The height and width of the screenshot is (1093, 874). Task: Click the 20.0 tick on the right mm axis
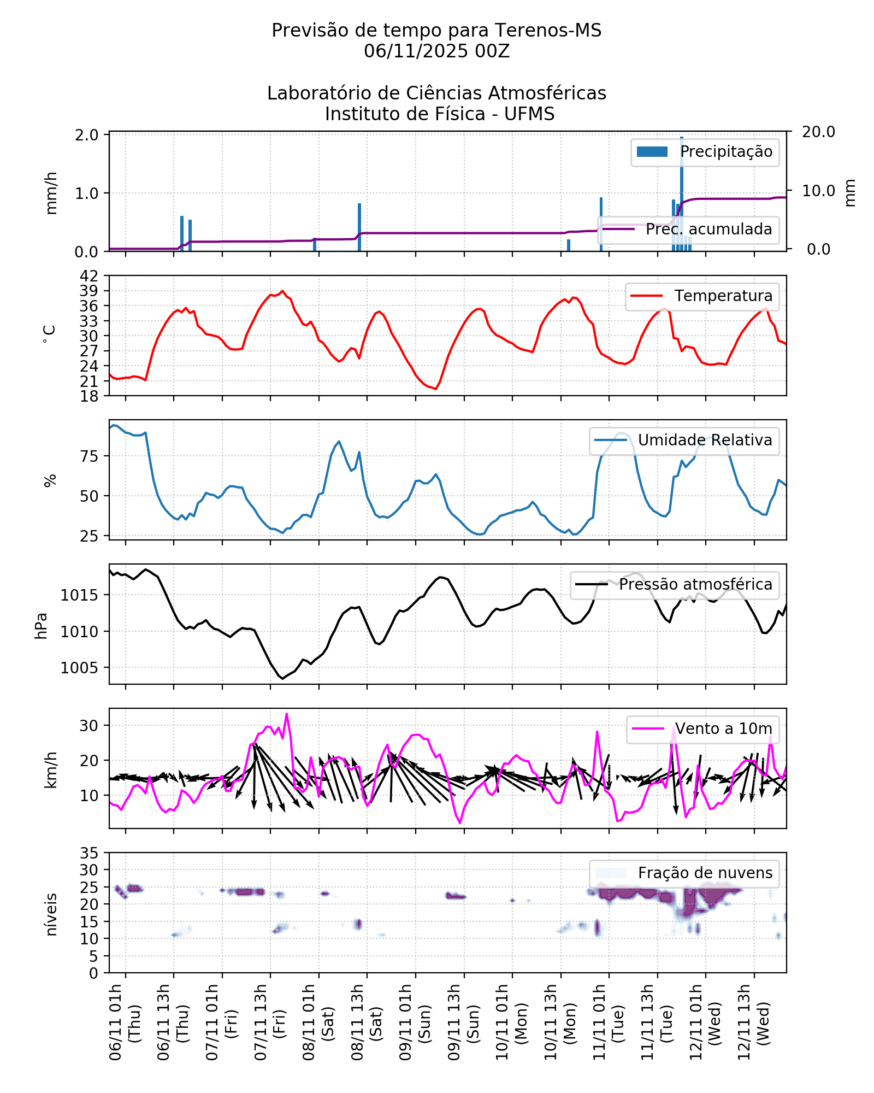(x=818, y=132)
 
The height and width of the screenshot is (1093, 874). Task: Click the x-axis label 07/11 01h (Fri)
(x=221, y=1022)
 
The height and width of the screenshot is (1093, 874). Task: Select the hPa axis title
(x=42, y=625)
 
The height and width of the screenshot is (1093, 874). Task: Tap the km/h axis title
(x=51, y=769)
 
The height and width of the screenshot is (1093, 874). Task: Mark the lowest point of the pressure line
(x=282, y=679)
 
